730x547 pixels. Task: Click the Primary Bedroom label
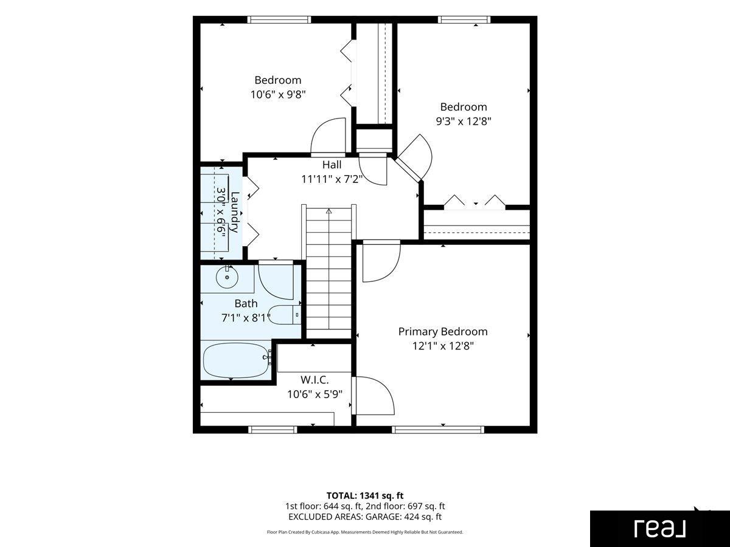point(443,331)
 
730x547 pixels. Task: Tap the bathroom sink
point(227,277)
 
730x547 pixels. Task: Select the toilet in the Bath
point(285,314)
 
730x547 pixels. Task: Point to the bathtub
point(236,360)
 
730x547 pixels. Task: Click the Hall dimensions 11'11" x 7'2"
point(332,179)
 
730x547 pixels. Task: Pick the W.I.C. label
point(315,379)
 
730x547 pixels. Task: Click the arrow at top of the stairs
point(329,211)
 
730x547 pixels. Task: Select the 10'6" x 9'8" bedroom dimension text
point(278,95)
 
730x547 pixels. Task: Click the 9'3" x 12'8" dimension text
point(464,122)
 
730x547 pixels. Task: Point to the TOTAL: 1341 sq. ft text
point(365,495)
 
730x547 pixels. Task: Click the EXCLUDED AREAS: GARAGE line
point(365,517)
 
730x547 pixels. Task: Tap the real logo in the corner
point(660,528)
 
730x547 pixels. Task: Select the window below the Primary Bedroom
point(438,430)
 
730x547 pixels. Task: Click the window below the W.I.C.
point(273,430)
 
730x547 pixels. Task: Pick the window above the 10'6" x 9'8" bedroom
point(279,19)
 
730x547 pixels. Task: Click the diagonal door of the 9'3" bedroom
point(408,170)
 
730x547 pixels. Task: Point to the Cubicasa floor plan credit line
point(365,532)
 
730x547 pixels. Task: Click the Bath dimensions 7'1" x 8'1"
point(246,318)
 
